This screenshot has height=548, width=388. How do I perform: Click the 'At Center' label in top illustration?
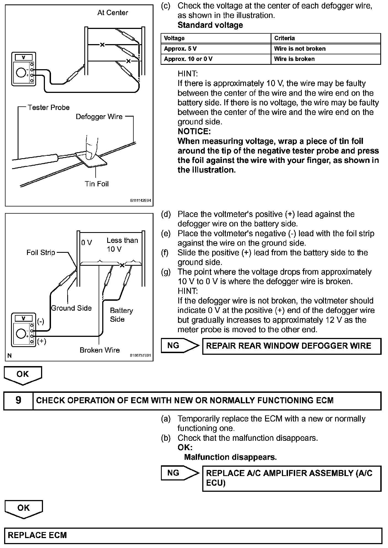click(x=113, y=13)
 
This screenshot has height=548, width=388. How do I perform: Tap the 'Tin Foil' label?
click(x=97, y=184)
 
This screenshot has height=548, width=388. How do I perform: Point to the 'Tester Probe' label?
click(x=48, y=108)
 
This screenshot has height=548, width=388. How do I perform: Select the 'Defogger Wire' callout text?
click(x=99, y=117)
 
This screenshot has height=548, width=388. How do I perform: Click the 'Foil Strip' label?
click(x=41, y=252)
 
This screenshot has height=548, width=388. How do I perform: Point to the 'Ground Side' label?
click(x=71, y=308)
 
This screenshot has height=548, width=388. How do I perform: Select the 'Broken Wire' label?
click(x=100, y=350)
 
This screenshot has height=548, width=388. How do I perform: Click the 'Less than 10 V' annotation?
click(x=122, y=245)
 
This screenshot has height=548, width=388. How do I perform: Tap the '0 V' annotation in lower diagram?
click(x=87, y=243)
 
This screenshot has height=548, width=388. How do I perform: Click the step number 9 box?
click(x=18, y=401)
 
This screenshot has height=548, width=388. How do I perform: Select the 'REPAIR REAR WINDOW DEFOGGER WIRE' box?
click(x=292, y=346)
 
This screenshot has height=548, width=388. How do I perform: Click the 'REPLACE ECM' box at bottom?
click(x=193, y=536)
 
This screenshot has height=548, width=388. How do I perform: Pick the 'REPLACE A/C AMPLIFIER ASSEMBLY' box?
click(x=292, y=478)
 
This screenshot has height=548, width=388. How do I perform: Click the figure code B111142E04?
click(x=141, y=201)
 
